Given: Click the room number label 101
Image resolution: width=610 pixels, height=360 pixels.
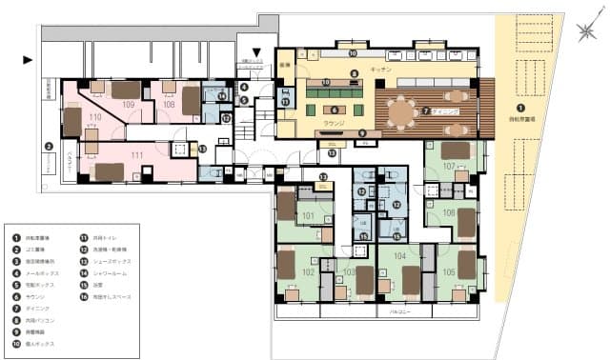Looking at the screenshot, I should (x=307, y=215).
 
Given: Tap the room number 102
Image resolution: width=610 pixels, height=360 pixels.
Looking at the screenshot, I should (x=308, y=270).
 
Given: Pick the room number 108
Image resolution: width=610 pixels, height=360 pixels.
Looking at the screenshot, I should (x=169, y=104).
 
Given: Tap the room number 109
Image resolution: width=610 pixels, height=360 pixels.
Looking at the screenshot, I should (x=129, y=104).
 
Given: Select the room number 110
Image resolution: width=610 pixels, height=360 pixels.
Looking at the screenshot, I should (x=94, y=118).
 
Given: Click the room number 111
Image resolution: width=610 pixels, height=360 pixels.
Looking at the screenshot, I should (x=136, y=154).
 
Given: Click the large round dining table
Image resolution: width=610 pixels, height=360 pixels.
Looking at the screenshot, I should (x=401, y=112).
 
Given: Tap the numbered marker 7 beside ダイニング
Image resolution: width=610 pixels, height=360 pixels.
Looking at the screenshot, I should (x=425, y=110).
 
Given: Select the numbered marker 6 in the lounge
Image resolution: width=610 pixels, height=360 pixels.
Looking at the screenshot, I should (x=335, y=110).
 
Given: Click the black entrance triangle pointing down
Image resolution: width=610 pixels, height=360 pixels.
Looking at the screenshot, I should (x=255, y=51).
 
